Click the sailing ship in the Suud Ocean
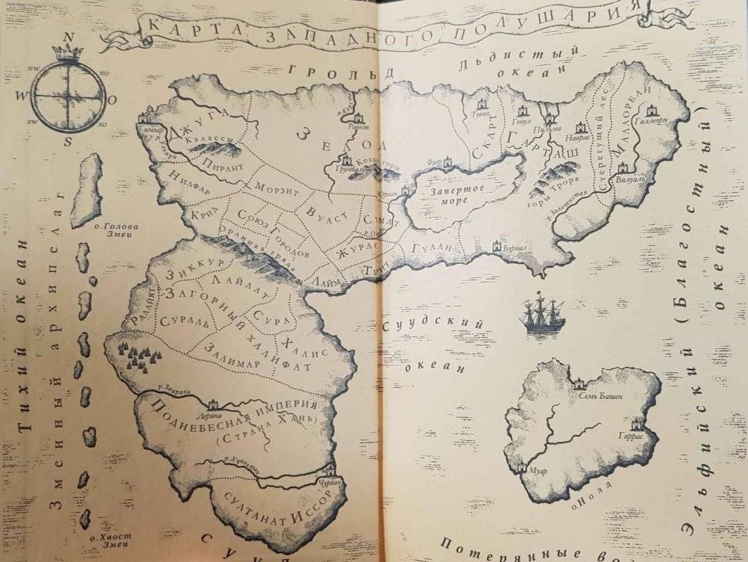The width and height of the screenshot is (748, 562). click(543, 315)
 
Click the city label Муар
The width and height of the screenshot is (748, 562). click(537, 472)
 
